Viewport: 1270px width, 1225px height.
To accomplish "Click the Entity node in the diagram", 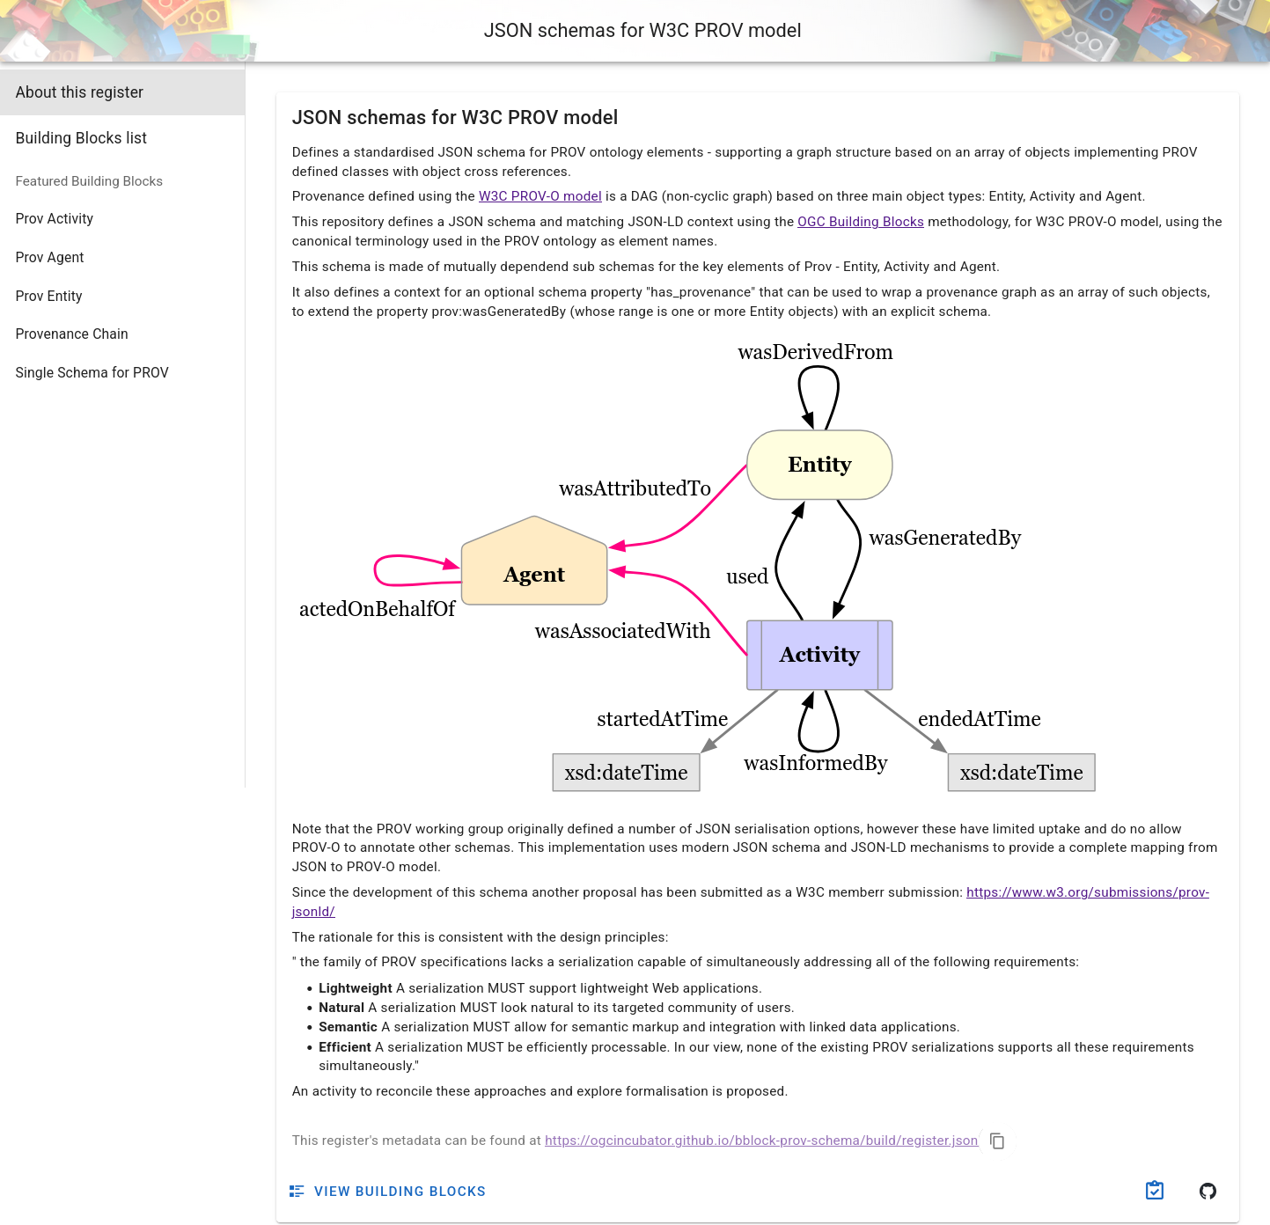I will click(x=819, y=465).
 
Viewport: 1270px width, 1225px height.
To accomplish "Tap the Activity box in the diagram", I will click(x=819, y=655).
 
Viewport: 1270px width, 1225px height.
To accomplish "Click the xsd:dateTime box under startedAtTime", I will click(x=626, y=773).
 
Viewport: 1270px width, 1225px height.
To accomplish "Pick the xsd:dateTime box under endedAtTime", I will click(x=1021, y=773).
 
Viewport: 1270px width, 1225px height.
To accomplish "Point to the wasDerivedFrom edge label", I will click(x=815, y=352).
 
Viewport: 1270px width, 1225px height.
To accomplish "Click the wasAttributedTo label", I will click(x=635, y=488).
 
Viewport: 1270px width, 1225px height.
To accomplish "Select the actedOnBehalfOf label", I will click(x=377, y=609).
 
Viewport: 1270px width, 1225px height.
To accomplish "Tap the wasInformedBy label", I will click(x=815, y=763).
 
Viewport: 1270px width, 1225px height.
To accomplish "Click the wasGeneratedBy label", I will click(x=944, y=538).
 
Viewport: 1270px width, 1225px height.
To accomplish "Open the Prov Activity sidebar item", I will click(x=55, y=219).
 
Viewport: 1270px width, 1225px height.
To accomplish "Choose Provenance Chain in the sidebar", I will click(x=72, y=334).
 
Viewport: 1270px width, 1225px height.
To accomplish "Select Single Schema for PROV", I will click(x=92, y=373).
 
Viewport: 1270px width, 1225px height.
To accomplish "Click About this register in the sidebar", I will click(x=79, y=92).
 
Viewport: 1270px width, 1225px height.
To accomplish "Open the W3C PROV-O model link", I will click(x=540, y=196).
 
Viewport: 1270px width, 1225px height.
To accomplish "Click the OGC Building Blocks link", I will click(x=860, y=222).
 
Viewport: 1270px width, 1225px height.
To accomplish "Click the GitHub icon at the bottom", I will click(x=1208, y=1191).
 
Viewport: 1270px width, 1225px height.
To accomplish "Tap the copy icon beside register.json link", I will click(x=997, y=1141).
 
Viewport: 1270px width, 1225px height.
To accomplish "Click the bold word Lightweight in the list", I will click(x=355, y=988).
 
